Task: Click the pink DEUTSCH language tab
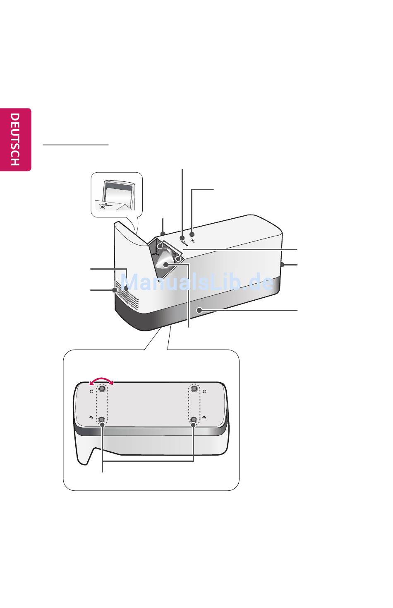(15, 140)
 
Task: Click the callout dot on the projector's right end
(282, 265)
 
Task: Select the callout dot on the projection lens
(165, 265)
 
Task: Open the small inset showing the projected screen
(117, 194)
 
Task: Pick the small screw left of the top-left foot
(91, 391)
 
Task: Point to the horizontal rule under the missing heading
(76, 145)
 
